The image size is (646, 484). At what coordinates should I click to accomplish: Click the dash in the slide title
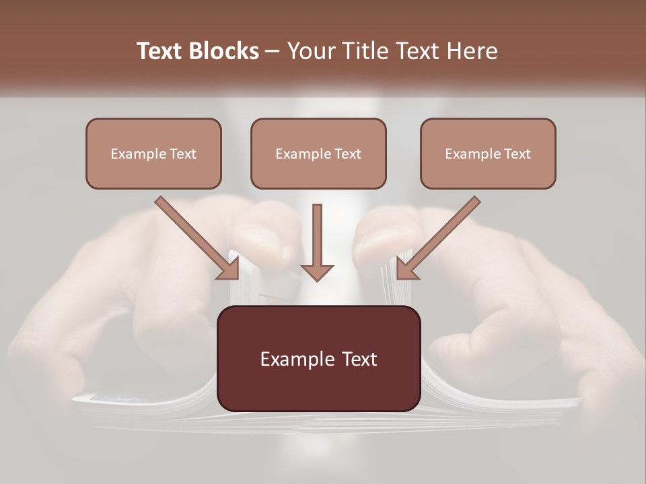(273, 52)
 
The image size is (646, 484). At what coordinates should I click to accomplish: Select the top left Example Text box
(153, 153)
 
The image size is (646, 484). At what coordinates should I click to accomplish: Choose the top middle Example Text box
(318, 153)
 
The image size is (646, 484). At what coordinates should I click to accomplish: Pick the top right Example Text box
(488, 153)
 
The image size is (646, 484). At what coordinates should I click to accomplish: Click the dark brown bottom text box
(318, 358)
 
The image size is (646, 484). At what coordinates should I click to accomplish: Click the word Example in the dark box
(291, 359)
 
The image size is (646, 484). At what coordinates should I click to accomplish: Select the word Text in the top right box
(517, 154)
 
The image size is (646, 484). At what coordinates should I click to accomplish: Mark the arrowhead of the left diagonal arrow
(229, 269)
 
